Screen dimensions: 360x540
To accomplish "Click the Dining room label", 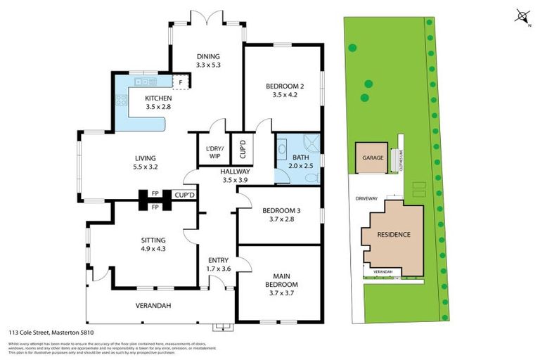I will pos(208,57).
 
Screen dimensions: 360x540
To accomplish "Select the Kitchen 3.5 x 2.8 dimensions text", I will pos(158,107).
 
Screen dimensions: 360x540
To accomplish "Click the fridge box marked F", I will pos(181,82).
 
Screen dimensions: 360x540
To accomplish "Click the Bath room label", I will pos(300,157).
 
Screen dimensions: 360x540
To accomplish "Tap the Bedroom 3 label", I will pos(281,211).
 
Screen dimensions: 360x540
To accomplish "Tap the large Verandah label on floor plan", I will pos(153,305).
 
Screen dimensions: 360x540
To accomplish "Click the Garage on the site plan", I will pos(373,158).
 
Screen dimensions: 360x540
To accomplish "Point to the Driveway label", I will pos(366,198).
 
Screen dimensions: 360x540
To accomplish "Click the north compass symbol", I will pos(522,15).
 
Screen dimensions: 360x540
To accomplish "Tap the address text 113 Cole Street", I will pos(51,332).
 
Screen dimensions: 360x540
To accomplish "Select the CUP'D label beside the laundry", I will pos(242,147).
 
